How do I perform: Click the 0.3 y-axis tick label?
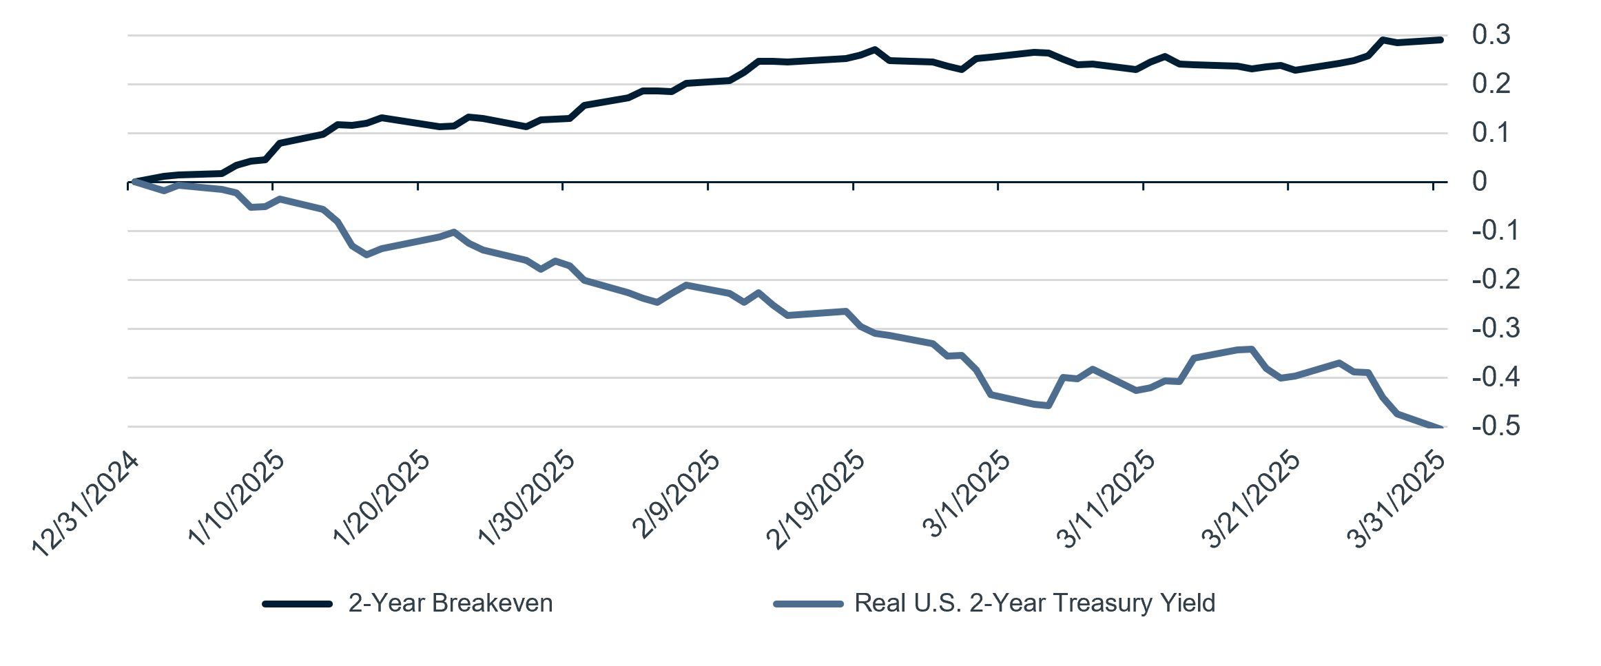pos(1491,35)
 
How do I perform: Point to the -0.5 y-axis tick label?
pos(1496,427)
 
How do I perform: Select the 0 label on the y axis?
pos(1480,182)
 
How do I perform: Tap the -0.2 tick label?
pos(1496,280)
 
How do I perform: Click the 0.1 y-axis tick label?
pos(1491,133)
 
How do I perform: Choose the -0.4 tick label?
pos(1496,377)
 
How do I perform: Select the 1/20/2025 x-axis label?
pos(382,498)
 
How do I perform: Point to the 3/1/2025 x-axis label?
pos(967,495)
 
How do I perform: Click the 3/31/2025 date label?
pos(1398,499)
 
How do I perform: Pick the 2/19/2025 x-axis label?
pos(816,499)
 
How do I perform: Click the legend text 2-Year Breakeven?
pos(450,603)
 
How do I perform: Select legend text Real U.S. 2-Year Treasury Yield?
pos(1034,603)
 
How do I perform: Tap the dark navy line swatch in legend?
pos(298,604)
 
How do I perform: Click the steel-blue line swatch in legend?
pos(808,604)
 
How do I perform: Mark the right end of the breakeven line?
pos(1440,40)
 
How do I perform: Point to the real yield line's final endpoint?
pos(1440,428)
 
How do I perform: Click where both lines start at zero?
pos(132,183)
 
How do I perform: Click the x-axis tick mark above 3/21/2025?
pos(1288,186)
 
